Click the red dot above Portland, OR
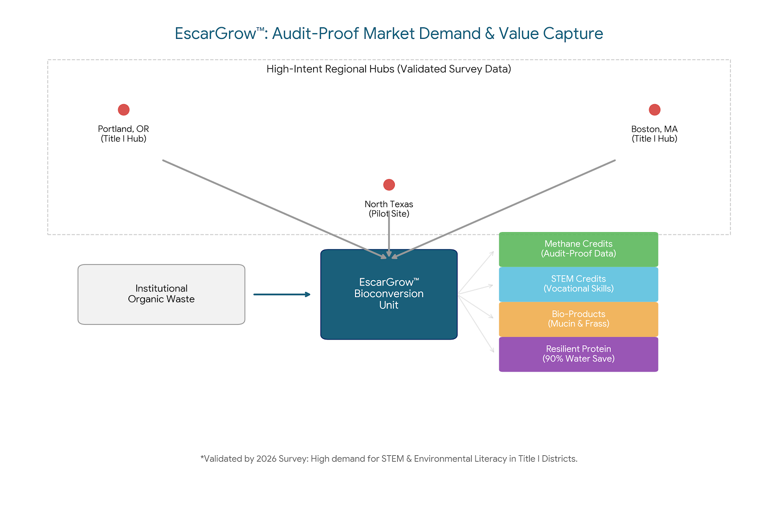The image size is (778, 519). coord(124,110)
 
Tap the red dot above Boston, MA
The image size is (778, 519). coord(654,110)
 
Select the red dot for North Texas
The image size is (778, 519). coord(389,185)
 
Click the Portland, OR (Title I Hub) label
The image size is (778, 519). coord(124,134)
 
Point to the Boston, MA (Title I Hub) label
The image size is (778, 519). coord(654,134)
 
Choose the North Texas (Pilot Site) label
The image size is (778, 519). coord(389,209)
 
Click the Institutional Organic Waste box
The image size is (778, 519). coord(161,294)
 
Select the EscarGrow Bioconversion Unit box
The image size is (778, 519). coord(389,294)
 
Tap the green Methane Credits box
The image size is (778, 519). coord(579,249)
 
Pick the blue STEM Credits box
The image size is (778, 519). coord(579,284)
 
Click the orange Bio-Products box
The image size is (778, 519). coord(579,319)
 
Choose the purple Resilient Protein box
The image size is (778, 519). coord(579,354)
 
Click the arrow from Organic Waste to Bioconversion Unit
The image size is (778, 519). coord(282,294)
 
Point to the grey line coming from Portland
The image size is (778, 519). coord(272,208)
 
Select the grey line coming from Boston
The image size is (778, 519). coord(506,208)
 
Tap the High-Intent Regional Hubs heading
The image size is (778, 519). coord(389,69)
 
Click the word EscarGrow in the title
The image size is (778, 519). coord(216,34)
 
